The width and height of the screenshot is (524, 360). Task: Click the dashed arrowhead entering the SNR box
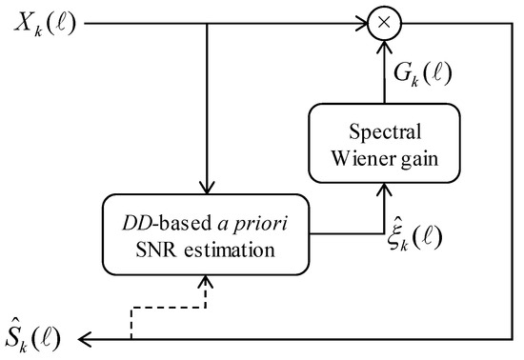[205, 281]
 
